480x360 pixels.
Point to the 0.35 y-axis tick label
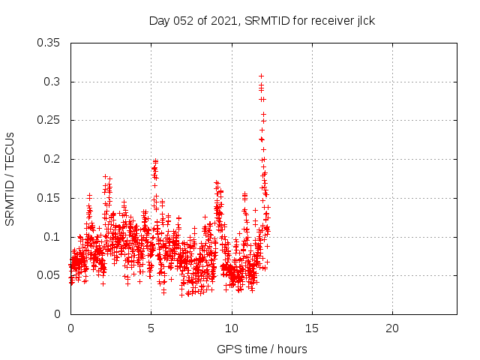tap(49, 43)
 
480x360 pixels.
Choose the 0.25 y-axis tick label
tap(49, 120)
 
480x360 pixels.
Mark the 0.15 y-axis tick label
tap(49, 198)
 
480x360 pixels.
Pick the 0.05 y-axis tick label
tap(49, 275)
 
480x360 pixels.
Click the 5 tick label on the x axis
tap(151, 329)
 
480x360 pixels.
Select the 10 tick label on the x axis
tap(232, 329)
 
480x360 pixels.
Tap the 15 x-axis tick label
tap(312, 329)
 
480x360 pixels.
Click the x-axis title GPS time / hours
tap(262, 349)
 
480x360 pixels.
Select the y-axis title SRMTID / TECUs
tap(10, 178)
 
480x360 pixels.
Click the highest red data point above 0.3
tap(261, 76)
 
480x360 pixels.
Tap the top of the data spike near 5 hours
tap(155, 160)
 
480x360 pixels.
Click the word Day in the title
tap(160, 21)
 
